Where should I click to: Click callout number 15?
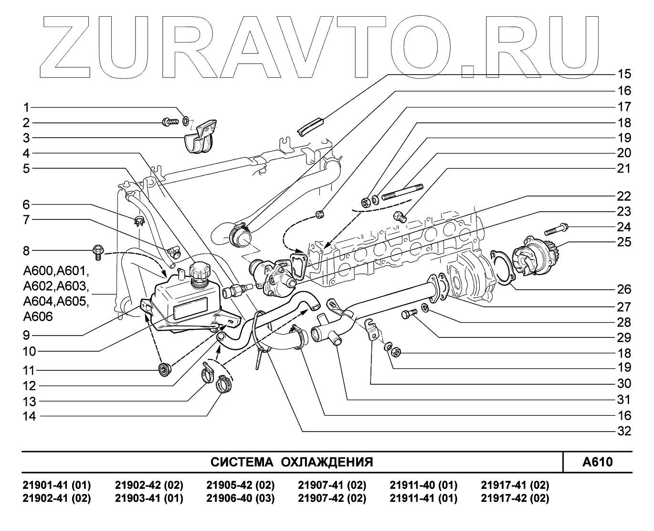tap(624, 74)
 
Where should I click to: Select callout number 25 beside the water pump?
tap(624, 242)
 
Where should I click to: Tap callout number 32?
tap(624, 431)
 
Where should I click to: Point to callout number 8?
tap(26, 250)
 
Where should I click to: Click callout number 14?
tap(29, 416)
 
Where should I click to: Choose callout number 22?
tap(624, 196)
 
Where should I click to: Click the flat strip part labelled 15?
tap(310, 126)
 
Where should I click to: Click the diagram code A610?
tap(597, 462)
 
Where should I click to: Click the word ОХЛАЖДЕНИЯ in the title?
tap(327, 462)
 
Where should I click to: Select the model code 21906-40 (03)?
tap(240, 498)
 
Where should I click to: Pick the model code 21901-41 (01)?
tap(57, 485)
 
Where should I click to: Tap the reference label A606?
tap(38, 317)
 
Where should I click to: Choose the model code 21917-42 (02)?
tap(515, 498)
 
